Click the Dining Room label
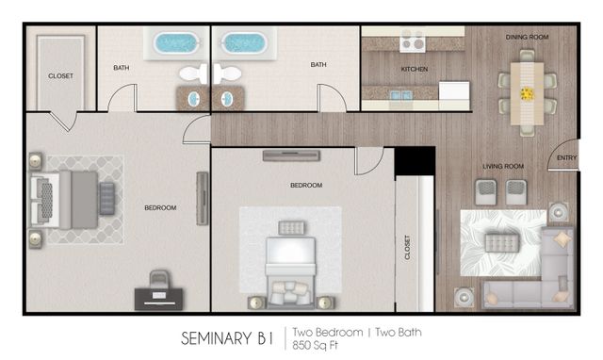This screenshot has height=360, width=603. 527,37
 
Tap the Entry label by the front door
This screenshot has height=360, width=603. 566,157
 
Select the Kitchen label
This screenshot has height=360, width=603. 415,69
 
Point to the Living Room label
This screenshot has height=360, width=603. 503,166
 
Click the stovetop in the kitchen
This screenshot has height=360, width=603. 413,41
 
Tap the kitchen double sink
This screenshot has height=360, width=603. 401,95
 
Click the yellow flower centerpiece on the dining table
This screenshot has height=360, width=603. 527,93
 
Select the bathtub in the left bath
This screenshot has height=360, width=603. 176,42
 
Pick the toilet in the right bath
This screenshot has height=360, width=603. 227,74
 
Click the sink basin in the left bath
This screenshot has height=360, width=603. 193,99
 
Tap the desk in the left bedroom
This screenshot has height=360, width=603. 159,299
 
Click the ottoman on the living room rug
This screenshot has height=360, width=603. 502,243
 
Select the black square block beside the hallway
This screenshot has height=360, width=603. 415,161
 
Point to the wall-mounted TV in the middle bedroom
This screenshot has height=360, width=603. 291,155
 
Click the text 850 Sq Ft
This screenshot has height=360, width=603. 315,345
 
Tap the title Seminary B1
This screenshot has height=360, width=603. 227,338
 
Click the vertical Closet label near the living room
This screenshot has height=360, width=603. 408,247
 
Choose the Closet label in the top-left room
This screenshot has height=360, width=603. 60,76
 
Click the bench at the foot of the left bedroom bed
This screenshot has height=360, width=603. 106,199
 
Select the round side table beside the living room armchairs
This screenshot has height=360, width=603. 558,211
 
